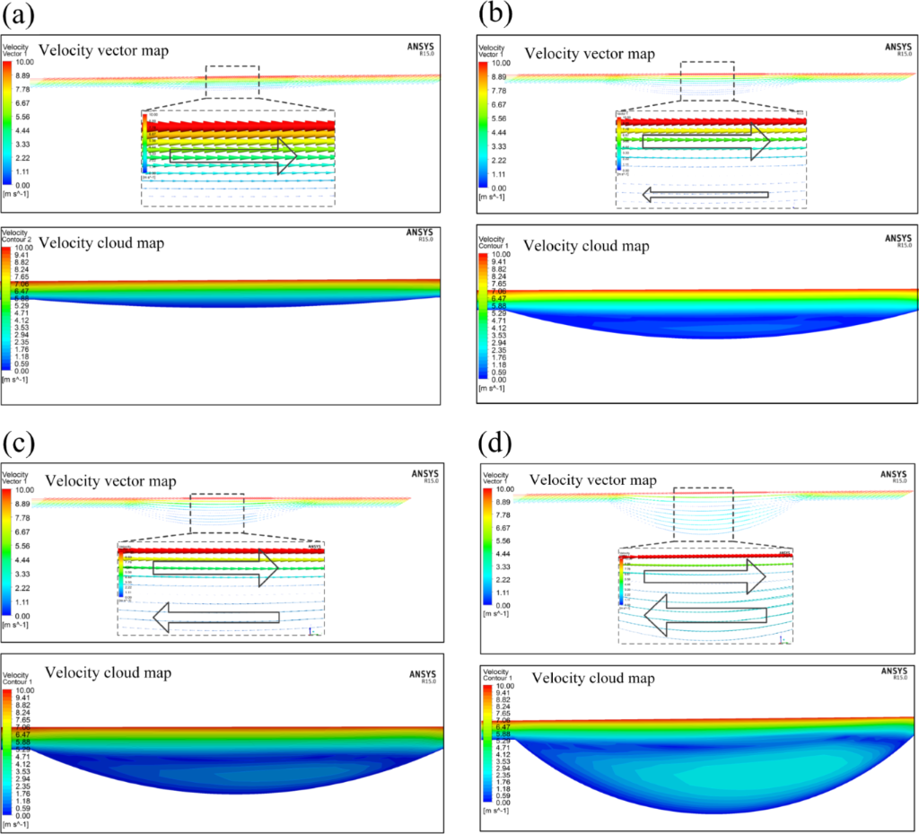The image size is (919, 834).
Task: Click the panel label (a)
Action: pos(21,15)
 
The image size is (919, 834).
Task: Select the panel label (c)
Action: pos(21,443)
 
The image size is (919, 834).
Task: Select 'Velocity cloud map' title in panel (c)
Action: pos(108,672)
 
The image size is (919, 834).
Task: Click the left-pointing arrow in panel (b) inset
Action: pos(705,193)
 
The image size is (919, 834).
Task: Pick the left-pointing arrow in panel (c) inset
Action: pos(216,617)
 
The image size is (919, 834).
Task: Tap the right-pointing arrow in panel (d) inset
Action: pos(704,577)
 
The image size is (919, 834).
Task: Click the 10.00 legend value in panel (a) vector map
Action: pos(23,64)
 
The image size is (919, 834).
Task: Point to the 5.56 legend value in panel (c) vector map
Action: pos(23,546)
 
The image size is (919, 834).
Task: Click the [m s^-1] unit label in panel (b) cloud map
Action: pos(491,389)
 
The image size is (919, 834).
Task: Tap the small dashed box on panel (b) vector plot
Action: pos(707,77)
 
